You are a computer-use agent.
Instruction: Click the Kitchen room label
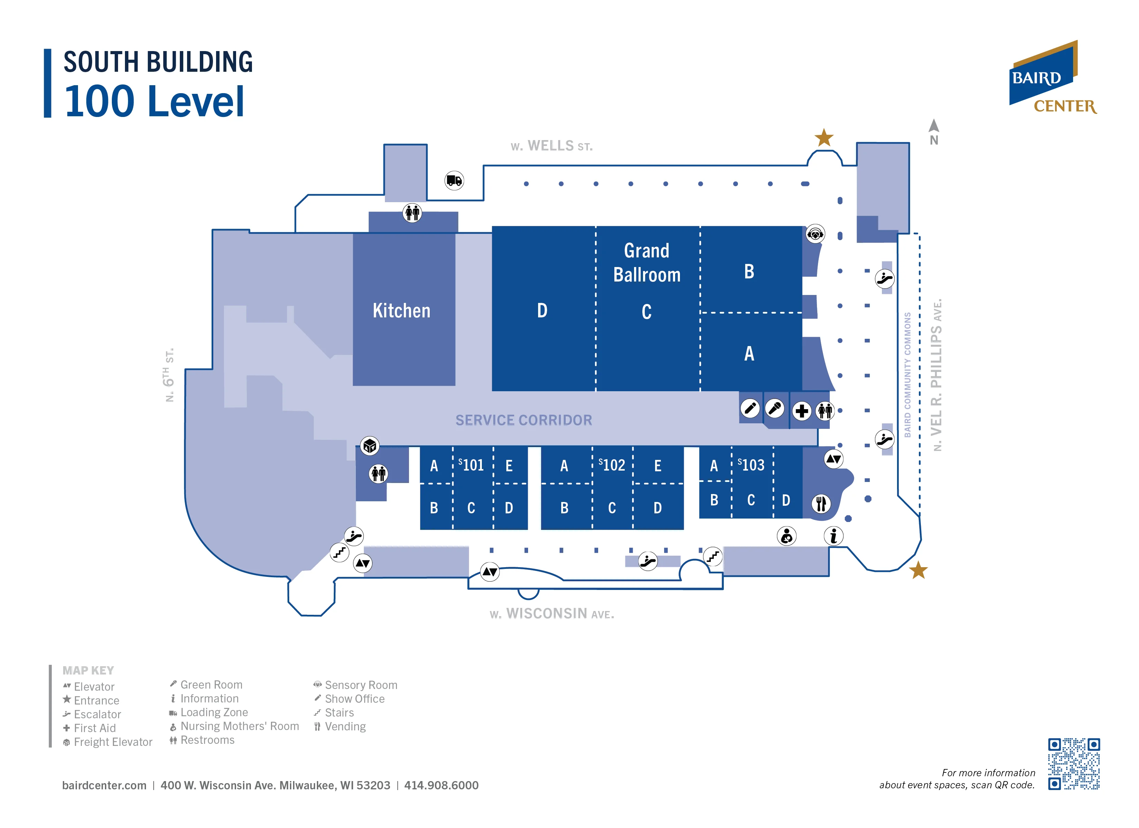point(401,311)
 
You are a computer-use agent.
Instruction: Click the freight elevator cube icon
point(370,446)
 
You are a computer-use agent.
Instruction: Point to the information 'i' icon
point(833,536)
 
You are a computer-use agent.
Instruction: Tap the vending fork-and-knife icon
point(821,504)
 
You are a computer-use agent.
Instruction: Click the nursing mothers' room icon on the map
point(787,536)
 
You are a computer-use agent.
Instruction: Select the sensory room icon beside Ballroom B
point(815,234)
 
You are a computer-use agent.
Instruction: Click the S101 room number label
point(471,465)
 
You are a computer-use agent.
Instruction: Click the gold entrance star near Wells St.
point(824,138)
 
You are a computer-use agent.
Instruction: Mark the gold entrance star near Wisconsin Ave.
point(918,570)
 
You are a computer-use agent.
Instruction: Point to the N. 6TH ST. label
point(169,375)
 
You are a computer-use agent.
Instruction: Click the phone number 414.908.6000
point(441,785)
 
